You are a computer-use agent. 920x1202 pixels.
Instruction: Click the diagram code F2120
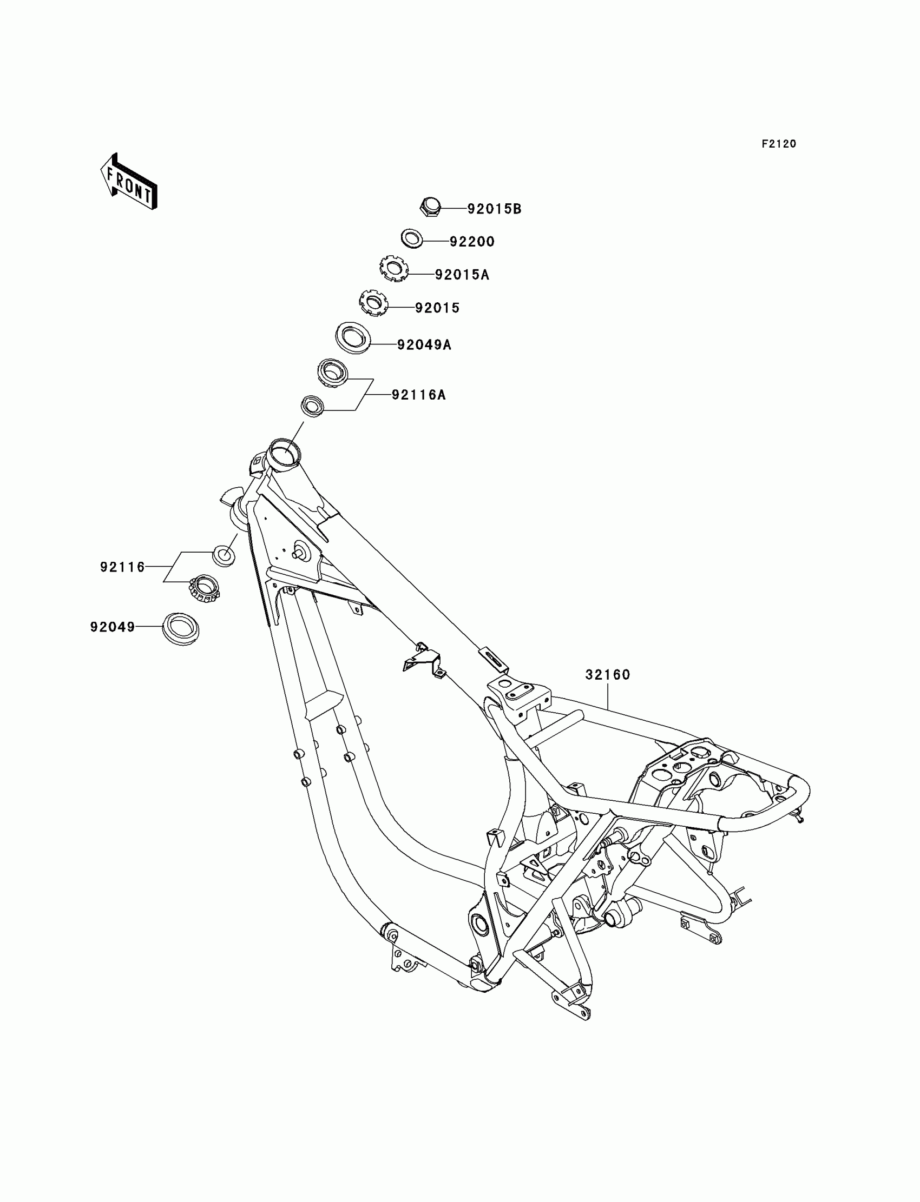779,144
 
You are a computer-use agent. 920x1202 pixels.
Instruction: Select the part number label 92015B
494,209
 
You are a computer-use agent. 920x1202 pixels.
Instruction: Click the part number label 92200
472,242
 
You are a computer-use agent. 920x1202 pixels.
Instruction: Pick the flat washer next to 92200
411,238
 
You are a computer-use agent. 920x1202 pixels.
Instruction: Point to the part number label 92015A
462,275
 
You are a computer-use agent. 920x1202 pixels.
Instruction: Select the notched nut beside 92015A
394,269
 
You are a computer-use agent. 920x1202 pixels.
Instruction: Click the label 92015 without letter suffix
437,308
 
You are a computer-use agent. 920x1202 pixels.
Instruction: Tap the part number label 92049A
424,345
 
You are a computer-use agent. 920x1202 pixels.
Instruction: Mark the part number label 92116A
418,395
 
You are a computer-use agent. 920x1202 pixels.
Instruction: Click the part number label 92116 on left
123,567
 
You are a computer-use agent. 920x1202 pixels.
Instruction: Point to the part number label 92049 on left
113,627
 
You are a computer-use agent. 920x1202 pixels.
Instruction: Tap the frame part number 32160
608,675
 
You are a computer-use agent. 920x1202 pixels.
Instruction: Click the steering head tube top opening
284,453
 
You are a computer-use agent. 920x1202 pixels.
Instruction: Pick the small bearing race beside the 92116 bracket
224,555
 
